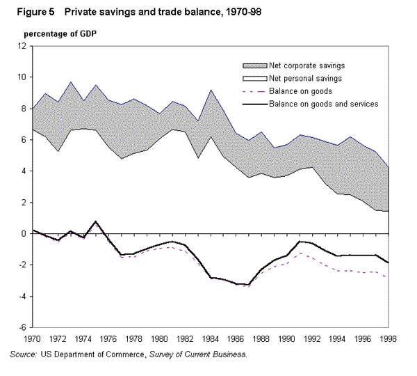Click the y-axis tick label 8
[x=24, y=109]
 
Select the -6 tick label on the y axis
[x=22, y=328]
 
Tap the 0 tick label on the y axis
[x=24, y=234]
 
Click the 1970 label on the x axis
[x=32, y=340]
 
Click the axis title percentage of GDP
[x=60, y=33]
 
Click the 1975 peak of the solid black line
[x=96, y=221]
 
